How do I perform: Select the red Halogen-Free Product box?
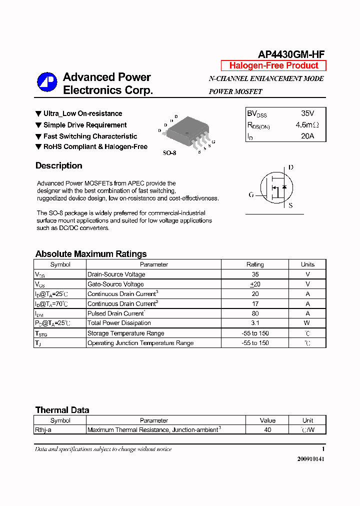tap(273, 65)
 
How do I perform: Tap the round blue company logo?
tap(47, 82)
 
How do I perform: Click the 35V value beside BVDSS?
tap(307, 113)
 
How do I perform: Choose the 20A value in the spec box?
tap(307, 135)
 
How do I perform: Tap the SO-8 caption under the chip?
tap(169, 153)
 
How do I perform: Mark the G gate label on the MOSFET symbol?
tap(251, 194)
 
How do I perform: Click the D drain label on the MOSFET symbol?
tap(291, 167)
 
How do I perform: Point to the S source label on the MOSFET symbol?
tap(291, 205)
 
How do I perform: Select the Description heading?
tap(59, 165)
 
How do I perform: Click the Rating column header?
tap(255, 264)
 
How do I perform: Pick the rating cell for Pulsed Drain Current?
tap(255, 313)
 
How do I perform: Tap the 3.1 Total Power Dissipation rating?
tap(255, 323)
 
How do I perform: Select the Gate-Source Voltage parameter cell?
tap(115, 284)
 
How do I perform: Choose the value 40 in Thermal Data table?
tap(267, 429)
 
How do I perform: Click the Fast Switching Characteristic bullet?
tap(90, 136)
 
